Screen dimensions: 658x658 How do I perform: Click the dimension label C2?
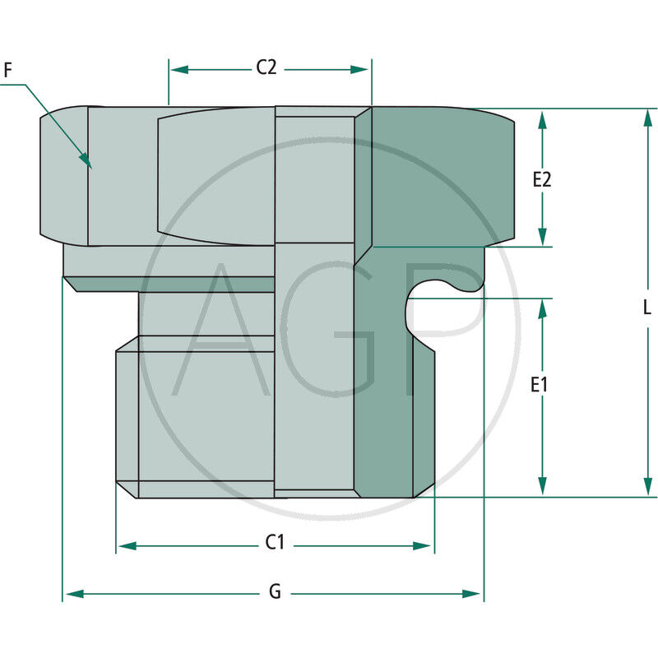point(266,68)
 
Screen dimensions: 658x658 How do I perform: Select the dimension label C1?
point(275,543)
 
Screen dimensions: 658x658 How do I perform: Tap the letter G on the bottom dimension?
point(275,592)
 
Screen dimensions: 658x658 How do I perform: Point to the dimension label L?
point(646,308)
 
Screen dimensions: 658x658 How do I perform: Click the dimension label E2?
point(541,179)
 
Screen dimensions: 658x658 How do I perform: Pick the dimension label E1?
point(540,384)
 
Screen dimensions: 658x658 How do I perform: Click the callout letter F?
point(8,71)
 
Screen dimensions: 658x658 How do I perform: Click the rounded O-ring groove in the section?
point(428,296)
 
